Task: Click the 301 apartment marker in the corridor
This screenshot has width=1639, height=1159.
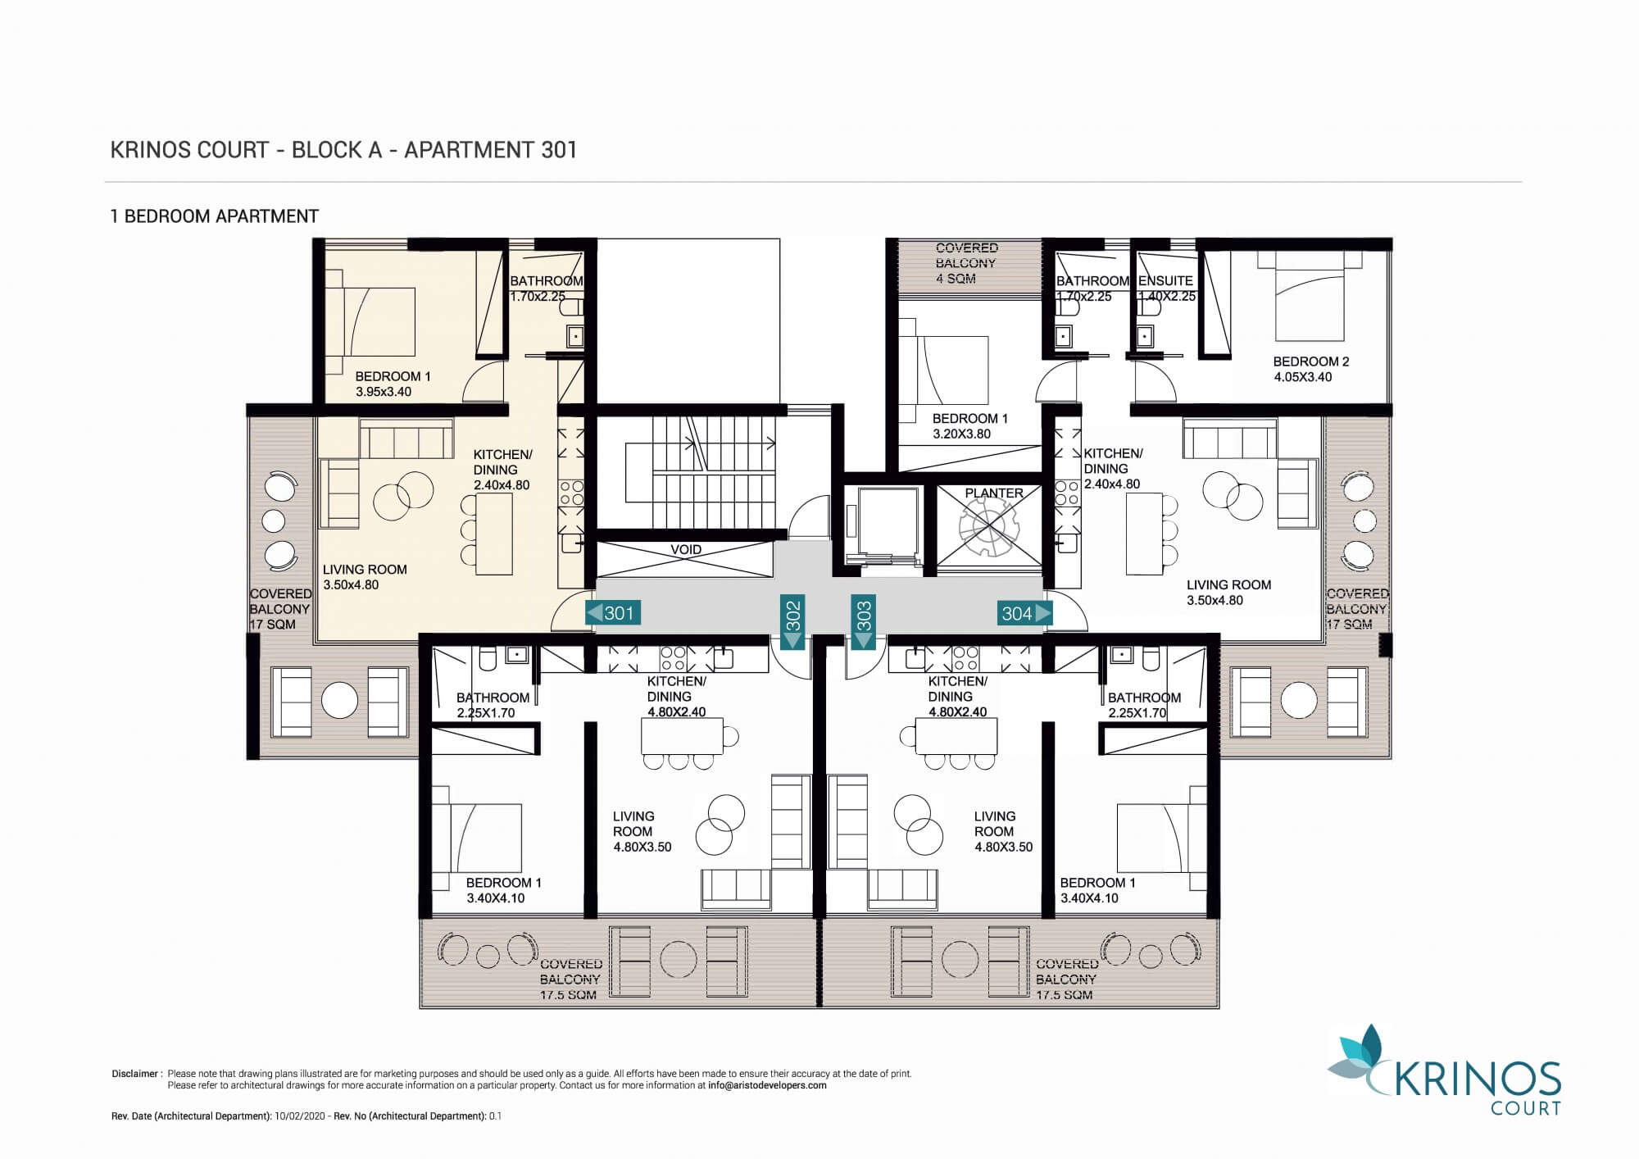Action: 612,613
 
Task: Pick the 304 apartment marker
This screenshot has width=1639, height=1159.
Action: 1024,613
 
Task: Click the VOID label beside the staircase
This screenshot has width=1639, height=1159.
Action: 686,550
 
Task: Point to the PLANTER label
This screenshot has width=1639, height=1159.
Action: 994,493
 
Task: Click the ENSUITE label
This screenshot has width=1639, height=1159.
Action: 1165,280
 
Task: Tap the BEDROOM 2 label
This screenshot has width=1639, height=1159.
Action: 1311,361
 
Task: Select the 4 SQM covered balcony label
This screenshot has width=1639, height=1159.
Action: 956,279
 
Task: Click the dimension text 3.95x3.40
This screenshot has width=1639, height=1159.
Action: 384,392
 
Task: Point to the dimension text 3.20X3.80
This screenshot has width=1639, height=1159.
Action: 961,434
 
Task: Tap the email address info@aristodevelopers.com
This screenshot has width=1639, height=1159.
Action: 767,1085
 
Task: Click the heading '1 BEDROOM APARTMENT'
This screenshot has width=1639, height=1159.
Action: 215,216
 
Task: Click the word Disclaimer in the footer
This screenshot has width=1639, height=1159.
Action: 134,1074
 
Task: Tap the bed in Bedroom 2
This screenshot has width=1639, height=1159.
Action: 1310,296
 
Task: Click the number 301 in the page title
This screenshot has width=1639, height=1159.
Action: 559,150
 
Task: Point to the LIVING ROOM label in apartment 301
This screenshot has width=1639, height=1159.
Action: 365,570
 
